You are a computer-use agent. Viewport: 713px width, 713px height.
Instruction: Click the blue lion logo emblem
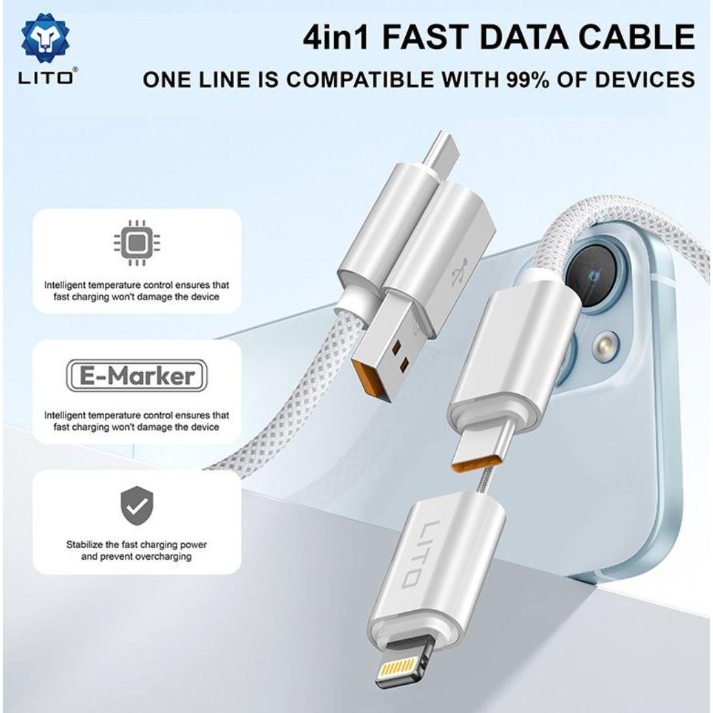click(45, 39)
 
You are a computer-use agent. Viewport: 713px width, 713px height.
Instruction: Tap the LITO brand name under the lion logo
click(46, 78)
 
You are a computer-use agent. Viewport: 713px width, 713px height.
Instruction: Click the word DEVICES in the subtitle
click(645, 79)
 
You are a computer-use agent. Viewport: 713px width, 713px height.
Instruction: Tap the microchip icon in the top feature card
click(137, 243)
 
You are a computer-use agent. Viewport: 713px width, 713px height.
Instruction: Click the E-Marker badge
click(137, 375)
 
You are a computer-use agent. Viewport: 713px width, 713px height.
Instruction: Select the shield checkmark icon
click(137, 506)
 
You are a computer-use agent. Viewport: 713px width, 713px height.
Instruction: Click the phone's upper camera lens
click(592, 276)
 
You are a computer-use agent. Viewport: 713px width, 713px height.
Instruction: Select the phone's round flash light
click(603, 344)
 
